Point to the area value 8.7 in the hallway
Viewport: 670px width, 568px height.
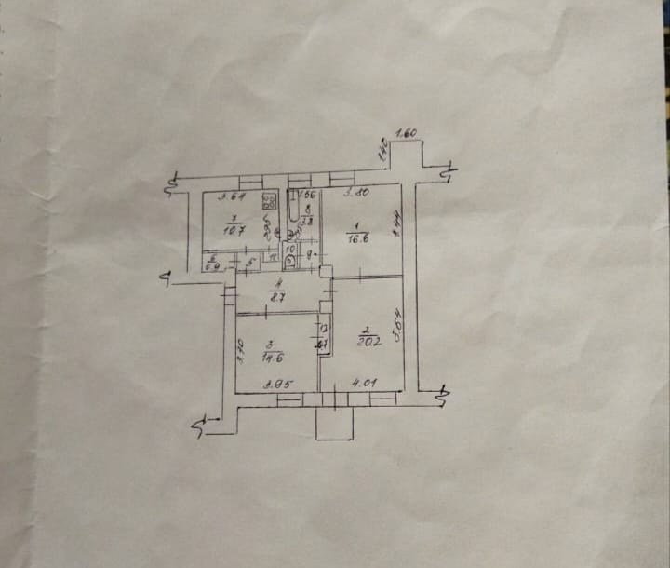pos(277,296)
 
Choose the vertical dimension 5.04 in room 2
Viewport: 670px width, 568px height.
pos(397,324)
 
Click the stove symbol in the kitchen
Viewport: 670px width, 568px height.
pos(269,200)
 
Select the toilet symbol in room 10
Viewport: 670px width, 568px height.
pos(291,261)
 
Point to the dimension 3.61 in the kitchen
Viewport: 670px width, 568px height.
pos(231,196)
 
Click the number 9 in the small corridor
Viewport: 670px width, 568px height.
pos(310,253)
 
